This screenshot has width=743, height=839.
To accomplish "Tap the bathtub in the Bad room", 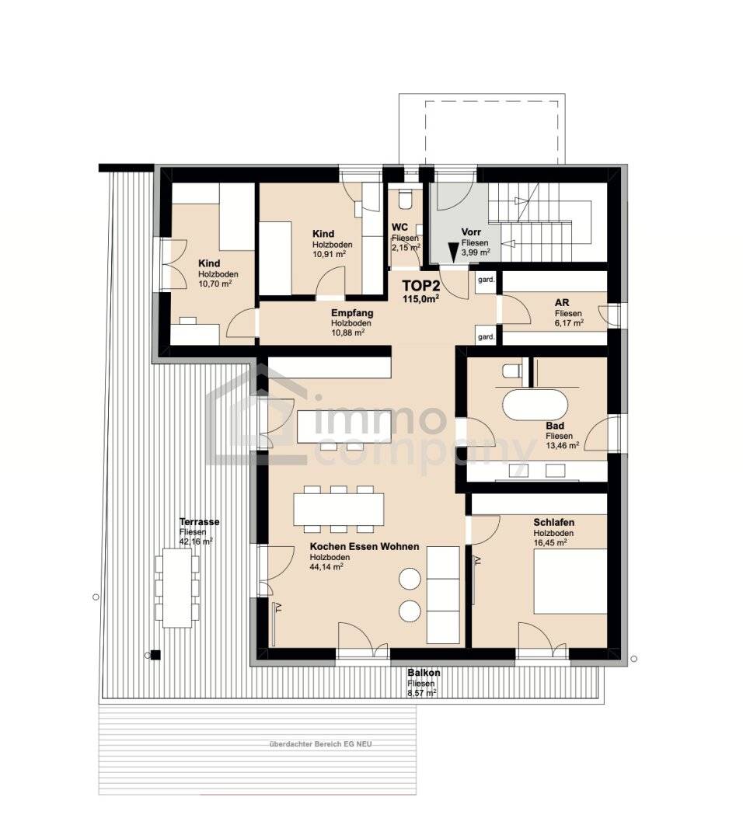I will click(x=535, y=405).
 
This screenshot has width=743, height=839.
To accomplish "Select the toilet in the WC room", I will click(x=404, y=200).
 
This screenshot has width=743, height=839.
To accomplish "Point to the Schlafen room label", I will click(x=553, y=522).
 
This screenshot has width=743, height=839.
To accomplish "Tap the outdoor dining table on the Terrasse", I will click(x=176, y=587).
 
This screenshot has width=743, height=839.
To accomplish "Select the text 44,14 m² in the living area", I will click(x=326, y=567).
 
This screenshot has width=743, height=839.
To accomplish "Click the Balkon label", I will click(x=424, y=673).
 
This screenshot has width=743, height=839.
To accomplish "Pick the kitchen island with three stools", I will click(x=334, y=426).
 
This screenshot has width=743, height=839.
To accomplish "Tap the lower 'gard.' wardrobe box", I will click(x=486, y=337).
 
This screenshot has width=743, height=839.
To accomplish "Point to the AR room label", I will click(x=562, y=303).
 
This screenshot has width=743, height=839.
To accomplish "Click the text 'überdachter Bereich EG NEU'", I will click(x=319, y=744).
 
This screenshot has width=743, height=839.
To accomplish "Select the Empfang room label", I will click(x=351, y=313).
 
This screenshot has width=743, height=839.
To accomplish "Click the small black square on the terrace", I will click(x=155, y=655).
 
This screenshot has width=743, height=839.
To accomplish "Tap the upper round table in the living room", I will click(x=409, y=579).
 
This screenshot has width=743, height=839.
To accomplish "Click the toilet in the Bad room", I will click(x=511, y=371).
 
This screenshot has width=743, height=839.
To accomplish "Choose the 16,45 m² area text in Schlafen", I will click(x=549, y=543).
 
